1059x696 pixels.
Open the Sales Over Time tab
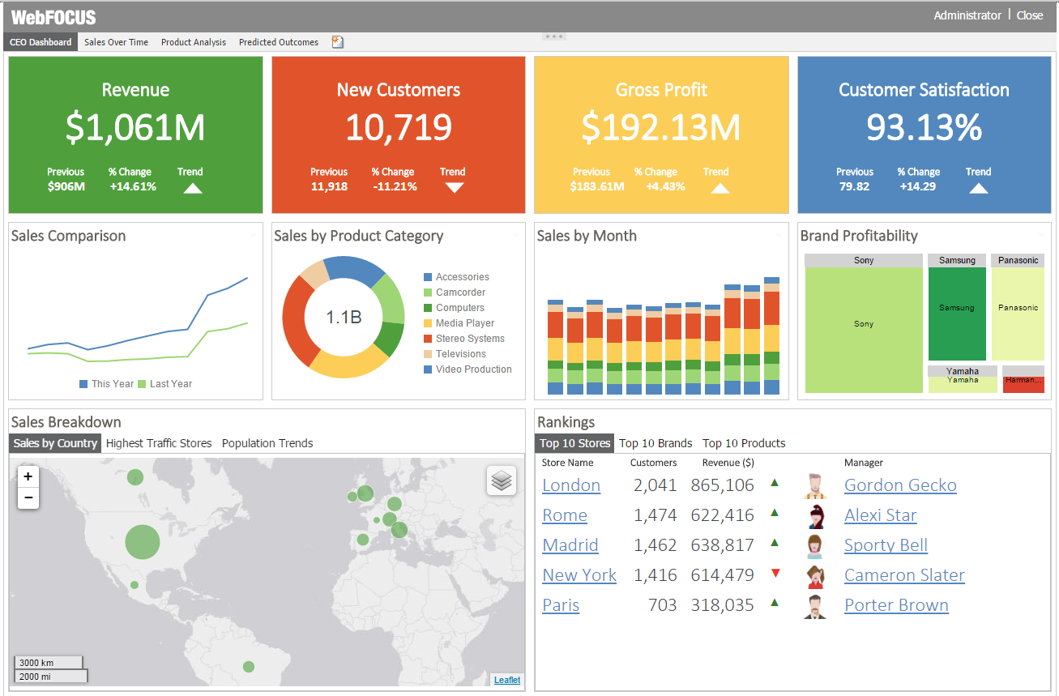pyautogui.click(x=116, y=42)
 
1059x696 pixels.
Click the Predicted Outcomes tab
pyautogui.click(x=278, y=42)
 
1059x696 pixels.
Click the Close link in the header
pyautogui.click(x=1030, y=15)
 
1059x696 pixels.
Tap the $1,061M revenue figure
pyautogui.click(x=135, y=127)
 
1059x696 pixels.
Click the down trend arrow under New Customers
pyautogui.click(x=455, y=188)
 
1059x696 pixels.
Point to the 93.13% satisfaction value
pyautogui.click(x=924, y=127)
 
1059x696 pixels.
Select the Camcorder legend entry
pyautogui.click(x=460, y=292)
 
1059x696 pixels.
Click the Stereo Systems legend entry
pyautogui.click(x=469, y=339)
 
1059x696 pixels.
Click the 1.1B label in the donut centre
pyautogui.click(x=344, y=318)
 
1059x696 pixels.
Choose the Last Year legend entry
pyautogui.click(x=170, y=384)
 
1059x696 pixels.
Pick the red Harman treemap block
pyautogui.click(x=1023, y=384)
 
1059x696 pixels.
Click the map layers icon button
pyautogui.click(x=502, y=480)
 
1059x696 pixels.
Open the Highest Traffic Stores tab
pyautogui.click(x=159, y=443)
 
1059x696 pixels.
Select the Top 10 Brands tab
pyautogui.click(x=655, y=443)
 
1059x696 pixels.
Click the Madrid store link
pyautogui.click(x=570, y=545)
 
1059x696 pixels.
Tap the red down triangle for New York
pyautogui.click(x=775, y=574)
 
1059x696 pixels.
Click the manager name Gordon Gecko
pyautogui.click(x=900, y=485)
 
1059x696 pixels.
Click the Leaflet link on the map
pyautogui.click(x=507, y=680)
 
